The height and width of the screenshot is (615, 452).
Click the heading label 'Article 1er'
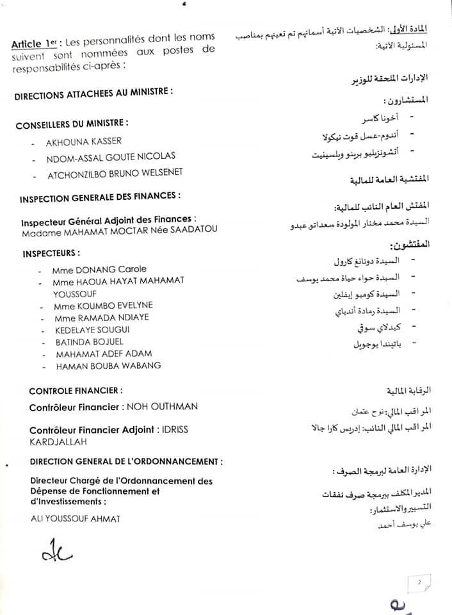click(x=34, y=43)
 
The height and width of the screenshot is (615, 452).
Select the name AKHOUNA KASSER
click(x=83, y=141)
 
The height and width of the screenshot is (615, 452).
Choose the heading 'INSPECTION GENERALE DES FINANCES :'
click(x=99, y=197)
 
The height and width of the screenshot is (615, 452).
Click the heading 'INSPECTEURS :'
click(x=51, y=253)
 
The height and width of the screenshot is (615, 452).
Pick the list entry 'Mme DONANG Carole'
click(x=101, y=269)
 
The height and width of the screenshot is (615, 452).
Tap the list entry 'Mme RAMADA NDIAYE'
click(x=102, y=318)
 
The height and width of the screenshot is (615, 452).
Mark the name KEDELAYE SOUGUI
click(x=93, y=330)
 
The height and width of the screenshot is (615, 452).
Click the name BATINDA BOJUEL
click(x=90, y=342)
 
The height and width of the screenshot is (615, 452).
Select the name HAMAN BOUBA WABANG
click(x=108, y=366)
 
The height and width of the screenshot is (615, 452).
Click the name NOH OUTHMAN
click(x=162, y=406)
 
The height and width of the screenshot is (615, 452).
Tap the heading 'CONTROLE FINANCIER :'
click(x=76, y=390)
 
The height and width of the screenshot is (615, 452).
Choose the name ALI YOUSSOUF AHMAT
click(x=75, y=518)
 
